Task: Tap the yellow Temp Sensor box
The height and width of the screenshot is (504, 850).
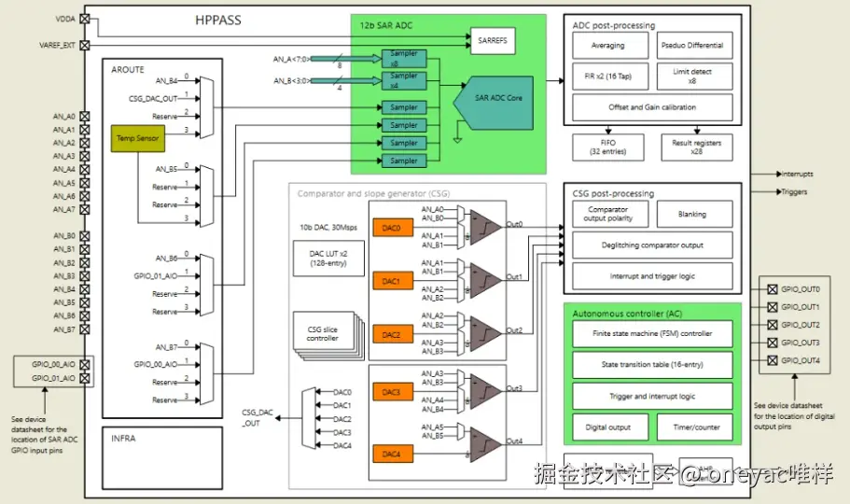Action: [x=137, y=138]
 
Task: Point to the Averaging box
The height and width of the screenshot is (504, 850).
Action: [x=608, y=46]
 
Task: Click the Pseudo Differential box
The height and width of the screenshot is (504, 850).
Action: [x=690, y=46]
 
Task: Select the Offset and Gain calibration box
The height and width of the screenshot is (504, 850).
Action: [x=652, y=107]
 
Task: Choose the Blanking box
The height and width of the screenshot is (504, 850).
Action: [x=693, y=214]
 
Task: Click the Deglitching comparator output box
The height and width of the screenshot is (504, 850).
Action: [x=652, y=245]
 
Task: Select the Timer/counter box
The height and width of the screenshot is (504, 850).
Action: [x=695, y=427]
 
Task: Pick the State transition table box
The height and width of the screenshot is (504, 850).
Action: [x=652, y=365]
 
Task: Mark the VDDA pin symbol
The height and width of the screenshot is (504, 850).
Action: [x=86, y=18]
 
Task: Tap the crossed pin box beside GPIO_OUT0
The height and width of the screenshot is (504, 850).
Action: [x=772, y=289]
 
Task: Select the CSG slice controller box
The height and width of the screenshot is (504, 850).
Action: [x=322, y=333]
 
